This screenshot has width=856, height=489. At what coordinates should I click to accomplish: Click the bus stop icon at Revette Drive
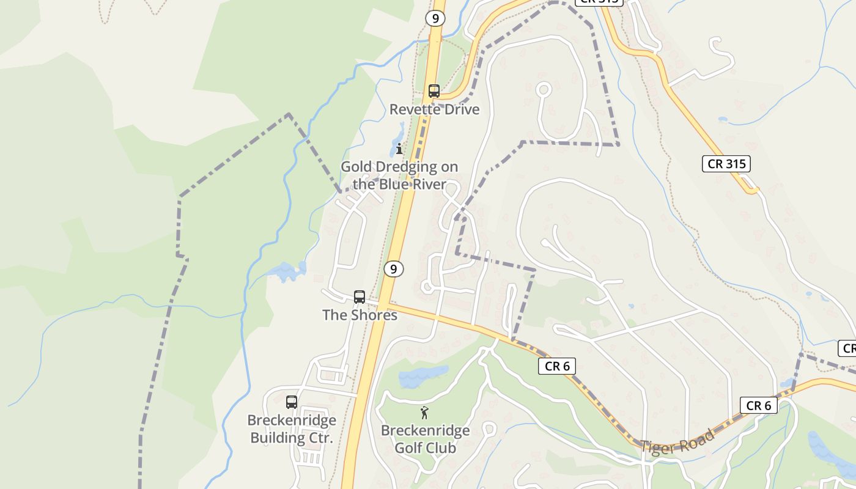pos(434,91)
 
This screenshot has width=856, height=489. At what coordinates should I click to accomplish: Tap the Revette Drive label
pos(434,109)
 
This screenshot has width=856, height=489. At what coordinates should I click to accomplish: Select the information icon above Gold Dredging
pos(399,149)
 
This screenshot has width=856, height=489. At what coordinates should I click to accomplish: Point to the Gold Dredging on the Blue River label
pos(399,175)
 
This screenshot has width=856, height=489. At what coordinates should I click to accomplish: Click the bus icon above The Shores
pos(360,297)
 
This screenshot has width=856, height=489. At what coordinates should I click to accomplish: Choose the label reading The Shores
pos(360,315)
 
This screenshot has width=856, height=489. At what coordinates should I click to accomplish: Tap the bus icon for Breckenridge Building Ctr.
pos(292,402)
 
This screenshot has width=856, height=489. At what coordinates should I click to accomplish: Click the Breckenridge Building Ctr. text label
pos(292,429)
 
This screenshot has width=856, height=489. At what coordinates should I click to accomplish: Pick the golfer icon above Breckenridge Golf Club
pos(425,413)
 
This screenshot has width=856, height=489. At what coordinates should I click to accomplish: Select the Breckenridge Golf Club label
pos(425,439)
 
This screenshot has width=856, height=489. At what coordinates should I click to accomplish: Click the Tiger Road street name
pos(677,441)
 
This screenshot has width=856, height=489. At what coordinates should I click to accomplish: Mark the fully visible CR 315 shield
pos(726,163)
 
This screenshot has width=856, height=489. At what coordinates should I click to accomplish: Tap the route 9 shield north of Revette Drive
pos(435,18)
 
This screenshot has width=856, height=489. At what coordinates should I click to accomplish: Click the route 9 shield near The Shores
pos(394,268)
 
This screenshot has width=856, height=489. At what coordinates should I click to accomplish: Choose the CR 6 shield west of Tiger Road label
pos(557,366)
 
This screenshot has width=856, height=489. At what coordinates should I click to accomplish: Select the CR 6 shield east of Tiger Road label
pos(759,405)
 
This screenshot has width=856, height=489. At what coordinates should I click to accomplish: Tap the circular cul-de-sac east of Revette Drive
pos(544,90)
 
